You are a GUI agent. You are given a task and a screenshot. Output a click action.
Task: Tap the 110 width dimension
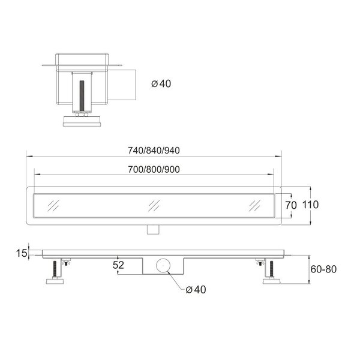(310, 205)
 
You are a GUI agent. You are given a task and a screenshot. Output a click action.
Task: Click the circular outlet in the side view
(162, 265)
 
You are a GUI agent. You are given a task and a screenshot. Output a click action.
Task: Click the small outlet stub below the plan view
(154, 227)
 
